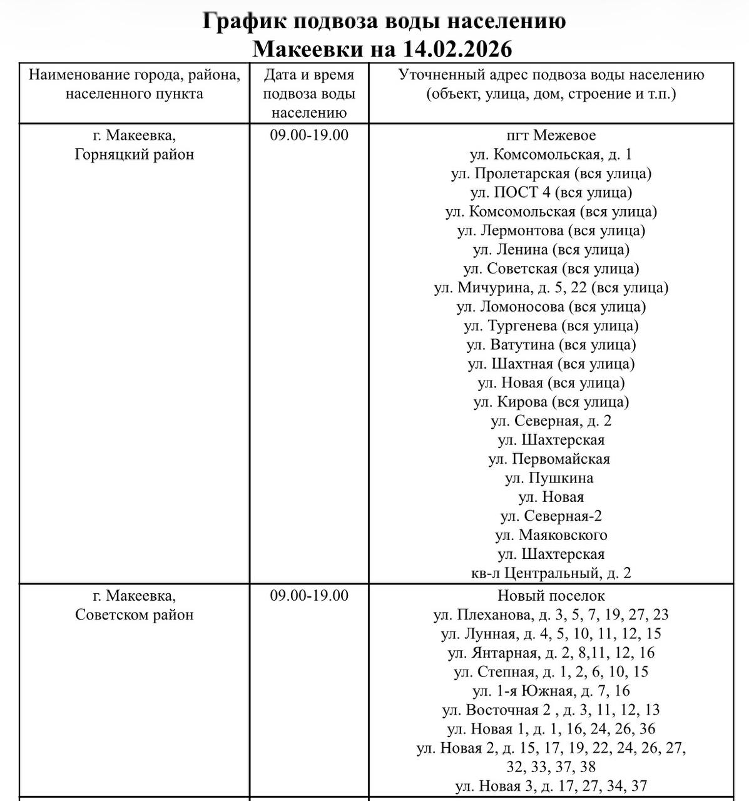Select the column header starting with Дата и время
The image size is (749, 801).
[x=309, y=93]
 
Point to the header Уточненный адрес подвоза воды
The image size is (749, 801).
[x=551, y=84]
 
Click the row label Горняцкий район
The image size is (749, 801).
[x=134, y=155]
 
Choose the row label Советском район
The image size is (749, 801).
[x=134, y=615]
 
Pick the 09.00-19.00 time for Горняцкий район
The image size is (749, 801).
[x=309, y=135]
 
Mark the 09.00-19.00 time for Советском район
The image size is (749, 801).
[x=309, y=595]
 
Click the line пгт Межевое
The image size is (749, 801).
[x=551, y=135]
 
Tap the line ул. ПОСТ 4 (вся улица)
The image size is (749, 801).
[x=551, y=192]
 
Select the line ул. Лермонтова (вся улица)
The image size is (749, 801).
[x=551, y=230]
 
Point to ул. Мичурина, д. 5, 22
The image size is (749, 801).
[x=551, y=288]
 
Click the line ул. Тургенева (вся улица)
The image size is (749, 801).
[x=551, y=326]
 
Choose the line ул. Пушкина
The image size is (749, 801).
[x=549, y=478]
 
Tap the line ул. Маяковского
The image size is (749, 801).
[x=551, y=535]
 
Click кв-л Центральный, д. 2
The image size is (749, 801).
[x=551, y=573]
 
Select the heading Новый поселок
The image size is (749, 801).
[x=551, y=595]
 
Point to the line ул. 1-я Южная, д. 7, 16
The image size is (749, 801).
[x=551, y=691]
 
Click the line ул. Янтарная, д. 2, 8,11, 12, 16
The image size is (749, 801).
[x=551, y=653]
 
